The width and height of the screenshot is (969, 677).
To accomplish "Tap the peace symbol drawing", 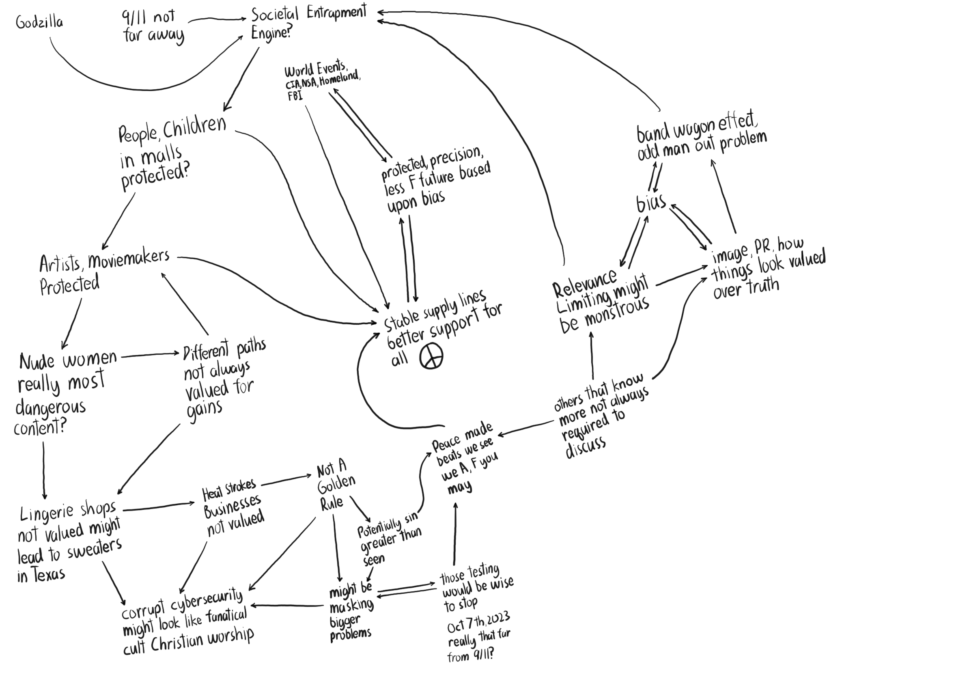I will (431, 356).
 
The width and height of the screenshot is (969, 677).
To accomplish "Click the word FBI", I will (295, 96).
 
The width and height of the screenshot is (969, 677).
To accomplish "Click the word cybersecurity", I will (207, 603).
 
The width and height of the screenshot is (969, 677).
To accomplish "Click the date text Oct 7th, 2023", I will (478, 623).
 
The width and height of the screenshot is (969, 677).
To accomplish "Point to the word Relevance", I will (584, 283).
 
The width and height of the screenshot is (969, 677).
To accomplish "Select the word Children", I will (194, 127).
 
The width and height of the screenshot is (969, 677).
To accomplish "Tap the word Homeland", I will (339, 79).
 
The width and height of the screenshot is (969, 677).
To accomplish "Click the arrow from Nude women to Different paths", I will (150, 355).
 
